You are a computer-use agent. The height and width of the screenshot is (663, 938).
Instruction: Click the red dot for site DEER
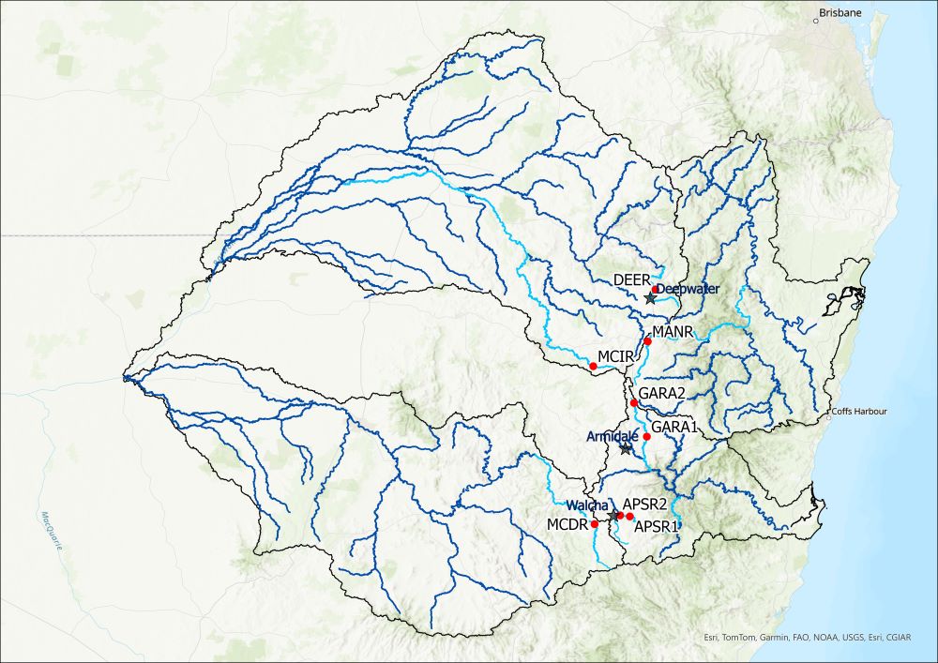pyautogui.click(x=655, y=291)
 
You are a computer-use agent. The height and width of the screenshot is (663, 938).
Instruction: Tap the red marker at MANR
pyautogui.click(x=647, y=341)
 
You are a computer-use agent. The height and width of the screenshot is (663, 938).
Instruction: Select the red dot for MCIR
pyautogui.click(x=593, y=366)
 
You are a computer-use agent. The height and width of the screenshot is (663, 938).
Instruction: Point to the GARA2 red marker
pyautogui.click(x=634, y=403)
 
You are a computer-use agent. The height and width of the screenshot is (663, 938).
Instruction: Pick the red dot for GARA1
pyautogui.click(x=646, y=437)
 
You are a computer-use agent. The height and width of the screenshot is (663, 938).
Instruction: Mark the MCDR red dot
pyautogui.click(x=595, y=524)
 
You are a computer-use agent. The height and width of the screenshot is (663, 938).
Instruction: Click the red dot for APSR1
pyautogui.click(x=630, y=517)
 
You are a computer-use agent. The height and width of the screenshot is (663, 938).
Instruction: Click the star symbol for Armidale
pyautogui.click(x=627, y=449)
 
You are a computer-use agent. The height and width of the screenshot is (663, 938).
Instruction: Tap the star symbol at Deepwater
pyautogui.click(x=650, y=298)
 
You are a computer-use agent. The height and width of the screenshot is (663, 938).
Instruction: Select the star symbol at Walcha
pyautogui.click(x=614, y=516)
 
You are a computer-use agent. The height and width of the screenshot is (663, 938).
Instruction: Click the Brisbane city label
pyautogui.click(x=840, y=13)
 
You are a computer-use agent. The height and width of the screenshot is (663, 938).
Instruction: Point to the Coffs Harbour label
pyautogui.click(x=858, y=412)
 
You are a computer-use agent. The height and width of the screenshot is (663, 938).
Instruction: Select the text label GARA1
pyautogui.click(x=674, y=427)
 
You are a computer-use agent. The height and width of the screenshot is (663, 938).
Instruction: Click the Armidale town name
pyautogui.click(x=613, y=437)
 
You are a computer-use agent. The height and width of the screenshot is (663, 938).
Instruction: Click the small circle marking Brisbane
pyautogui.click(x=816, y=22)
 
